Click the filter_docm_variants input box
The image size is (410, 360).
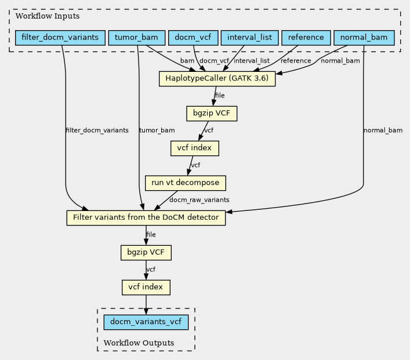tap(60, 38)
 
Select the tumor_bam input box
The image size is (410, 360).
tap(136, 38)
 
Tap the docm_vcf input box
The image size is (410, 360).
tap(193, 38)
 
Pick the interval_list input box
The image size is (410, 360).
tap(249, 38)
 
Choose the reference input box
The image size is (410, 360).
tap(306, 38)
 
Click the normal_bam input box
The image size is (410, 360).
tap(364, 38)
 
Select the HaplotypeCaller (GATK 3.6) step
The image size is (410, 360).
tap(217, 79)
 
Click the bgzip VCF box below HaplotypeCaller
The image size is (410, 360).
tap(212, 114)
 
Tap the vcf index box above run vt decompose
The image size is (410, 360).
tap(194, 148)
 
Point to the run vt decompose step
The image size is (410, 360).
tap(186, 183)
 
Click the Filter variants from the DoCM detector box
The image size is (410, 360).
tap(146, 218)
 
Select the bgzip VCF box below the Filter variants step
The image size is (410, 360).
tap(146, 253)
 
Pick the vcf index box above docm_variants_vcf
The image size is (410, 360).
tap(146, 288)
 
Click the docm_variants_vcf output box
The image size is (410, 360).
tap(146, 322)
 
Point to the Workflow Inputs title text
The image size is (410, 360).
tap(48, 16)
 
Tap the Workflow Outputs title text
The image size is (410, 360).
tap(139, 343)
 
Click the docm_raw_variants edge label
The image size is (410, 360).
tap(199, 200)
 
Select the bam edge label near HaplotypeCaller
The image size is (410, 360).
tap(187, 61)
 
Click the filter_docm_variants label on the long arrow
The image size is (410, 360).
tap(97, 130)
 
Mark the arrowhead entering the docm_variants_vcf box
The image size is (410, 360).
tap(146, 311)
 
